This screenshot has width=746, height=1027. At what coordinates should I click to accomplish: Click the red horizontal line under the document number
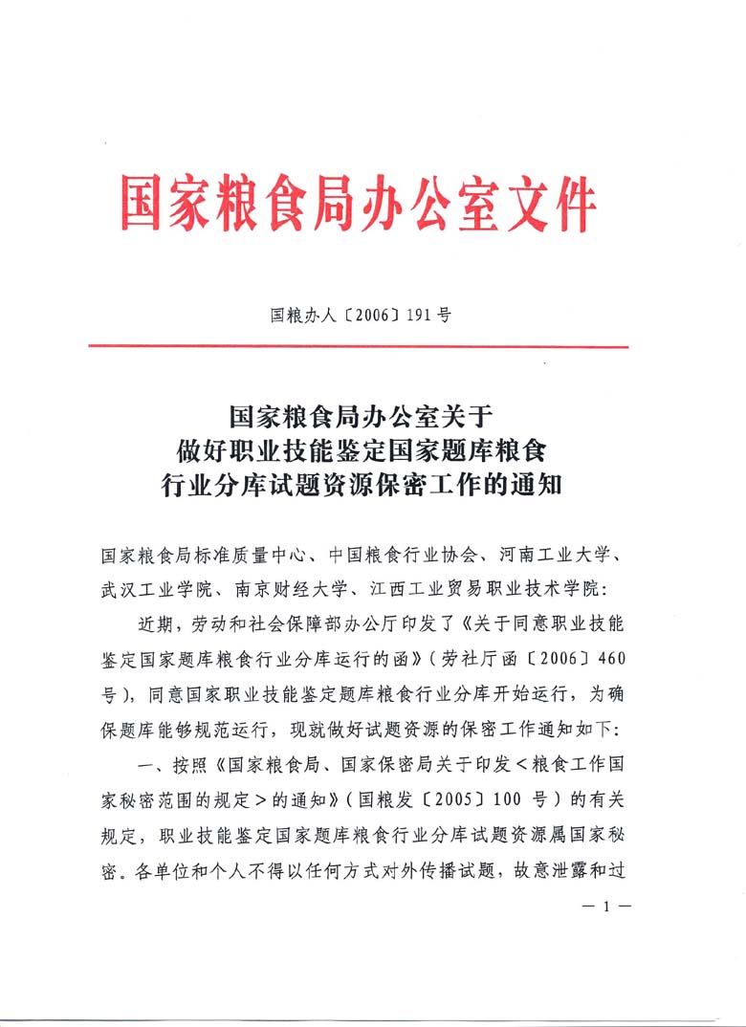coord(359,346)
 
